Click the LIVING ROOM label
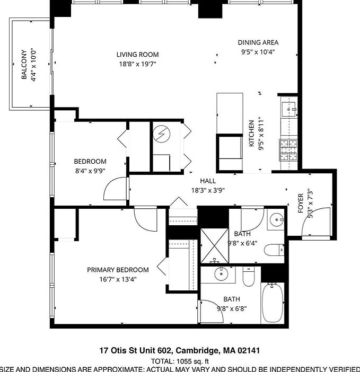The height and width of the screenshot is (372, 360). (137, 55)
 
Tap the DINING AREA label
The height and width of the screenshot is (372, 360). (258, 42)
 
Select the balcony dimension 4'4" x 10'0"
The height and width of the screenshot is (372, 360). (33, 65)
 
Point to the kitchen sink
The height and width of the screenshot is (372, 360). (289, 109)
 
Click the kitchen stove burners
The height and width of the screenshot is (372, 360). (288, 150)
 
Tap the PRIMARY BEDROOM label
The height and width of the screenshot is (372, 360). (118, 270)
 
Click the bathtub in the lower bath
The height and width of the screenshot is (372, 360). (273, 303)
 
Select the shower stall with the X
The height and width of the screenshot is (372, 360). (214, 246)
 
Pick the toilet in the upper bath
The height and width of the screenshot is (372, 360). (274, 250)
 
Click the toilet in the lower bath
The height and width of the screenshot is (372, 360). (249, 276)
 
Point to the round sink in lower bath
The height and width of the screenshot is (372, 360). (221, 274)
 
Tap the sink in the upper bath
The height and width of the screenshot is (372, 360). (277, 220)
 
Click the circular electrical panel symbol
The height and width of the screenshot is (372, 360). (161, 134)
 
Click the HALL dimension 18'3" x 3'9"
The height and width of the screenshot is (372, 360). (208, 190)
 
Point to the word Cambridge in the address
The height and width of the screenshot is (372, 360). (197, 350)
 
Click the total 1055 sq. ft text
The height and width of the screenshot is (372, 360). (180, 361)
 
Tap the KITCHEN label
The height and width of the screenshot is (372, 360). (251, 134)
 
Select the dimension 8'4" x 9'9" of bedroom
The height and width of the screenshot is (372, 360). (90, 171)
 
